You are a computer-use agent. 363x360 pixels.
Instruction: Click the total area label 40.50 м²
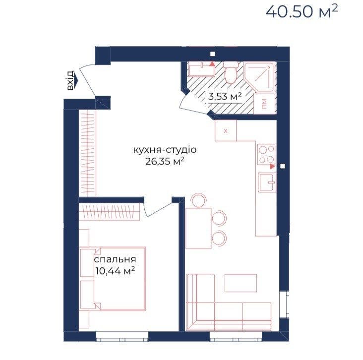tap(302, 11)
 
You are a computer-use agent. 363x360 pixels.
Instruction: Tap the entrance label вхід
tap(70, 80)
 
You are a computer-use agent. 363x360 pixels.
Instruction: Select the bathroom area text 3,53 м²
tap(225, 96)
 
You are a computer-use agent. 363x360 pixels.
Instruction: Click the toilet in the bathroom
tap(231, 73)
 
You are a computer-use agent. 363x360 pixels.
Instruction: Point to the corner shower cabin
tap(260, 77)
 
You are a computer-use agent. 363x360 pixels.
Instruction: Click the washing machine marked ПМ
tap(265, 104)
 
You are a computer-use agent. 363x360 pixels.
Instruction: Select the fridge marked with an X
tap(226, 130)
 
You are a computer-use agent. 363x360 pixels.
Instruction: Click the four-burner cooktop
tap(266, 154)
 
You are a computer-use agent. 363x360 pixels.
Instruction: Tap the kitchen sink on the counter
tap(268, 182)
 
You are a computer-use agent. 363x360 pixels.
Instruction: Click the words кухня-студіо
tap(165, 150)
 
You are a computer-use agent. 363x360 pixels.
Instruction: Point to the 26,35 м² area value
tap(165, 161)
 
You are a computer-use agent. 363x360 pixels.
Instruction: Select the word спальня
tap(115, 259)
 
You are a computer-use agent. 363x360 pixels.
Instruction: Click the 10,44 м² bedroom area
tap(115, 270)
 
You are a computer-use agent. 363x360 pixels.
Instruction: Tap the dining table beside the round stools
tap(198, 228)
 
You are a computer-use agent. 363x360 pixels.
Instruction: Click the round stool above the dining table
tap(198, 200)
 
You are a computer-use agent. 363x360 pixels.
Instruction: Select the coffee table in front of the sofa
tap(241, 283)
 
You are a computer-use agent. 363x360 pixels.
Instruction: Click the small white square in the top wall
tap(212, 54)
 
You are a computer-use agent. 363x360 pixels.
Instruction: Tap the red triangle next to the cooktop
tap(273, 166)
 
